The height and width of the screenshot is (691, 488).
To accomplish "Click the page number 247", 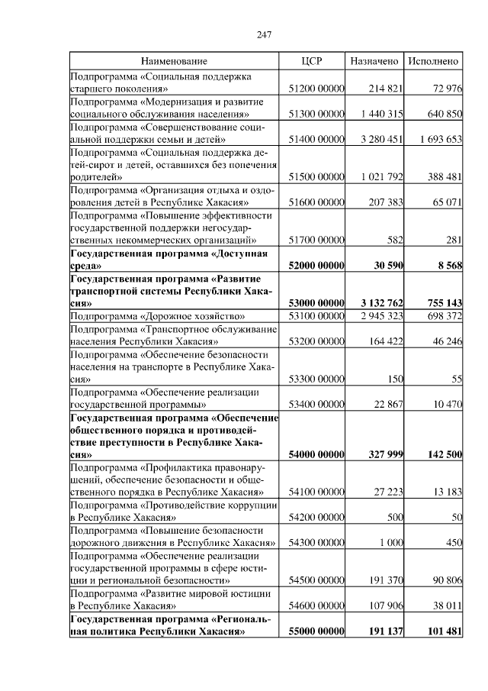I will pyautogui.click(x=265, y=34).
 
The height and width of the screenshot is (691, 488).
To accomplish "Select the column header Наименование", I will pyautogui.click(x=174, y=60).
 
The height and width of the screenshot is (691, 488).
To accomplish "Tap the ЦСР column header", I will pyautogui.click(x=314, y=60).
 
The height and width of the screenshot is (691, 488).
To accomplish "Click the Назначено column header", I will pyautogui.click(x=374, y=60).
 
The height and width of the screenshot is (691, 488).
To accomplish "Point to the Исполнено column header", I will pyautogui.click(x=433, y=60).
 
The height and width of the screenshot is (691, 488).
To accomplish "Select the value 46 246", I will pyautogui.click(x=446, y=341).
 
